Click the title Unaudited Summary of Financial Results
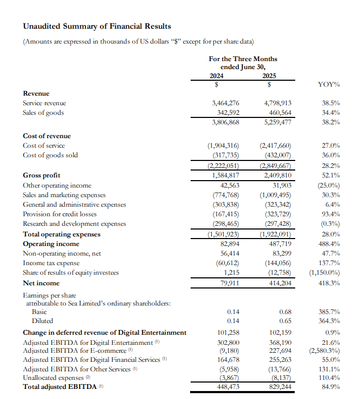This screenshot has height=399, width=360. click(x=97, y=26)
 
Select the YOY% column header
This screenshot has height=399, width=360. click(x=329, y=84)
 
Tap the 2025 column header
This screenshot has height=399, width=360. click(x=270, y=75)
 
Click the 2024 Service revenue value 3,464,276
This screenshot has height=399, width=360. click(x=225, y=103)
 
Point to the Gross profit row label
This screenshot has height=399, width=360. click(x=41, y=175)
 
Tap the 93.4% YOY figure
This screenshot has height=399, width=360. click(x=331, y=214)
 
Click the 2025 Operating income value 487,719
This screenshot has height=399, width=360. click(x=277, y=244)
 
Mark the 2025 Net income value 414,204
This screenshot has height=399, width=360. click(x=277, y=283)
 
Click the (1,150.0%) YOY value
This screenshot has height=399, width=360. click(x=324, y=273)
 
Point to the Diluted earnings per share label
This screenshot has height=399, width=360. click(x=42, y=321)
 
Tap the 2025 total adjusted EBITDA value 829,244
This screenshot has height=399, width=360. click(x=277, y=386)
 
